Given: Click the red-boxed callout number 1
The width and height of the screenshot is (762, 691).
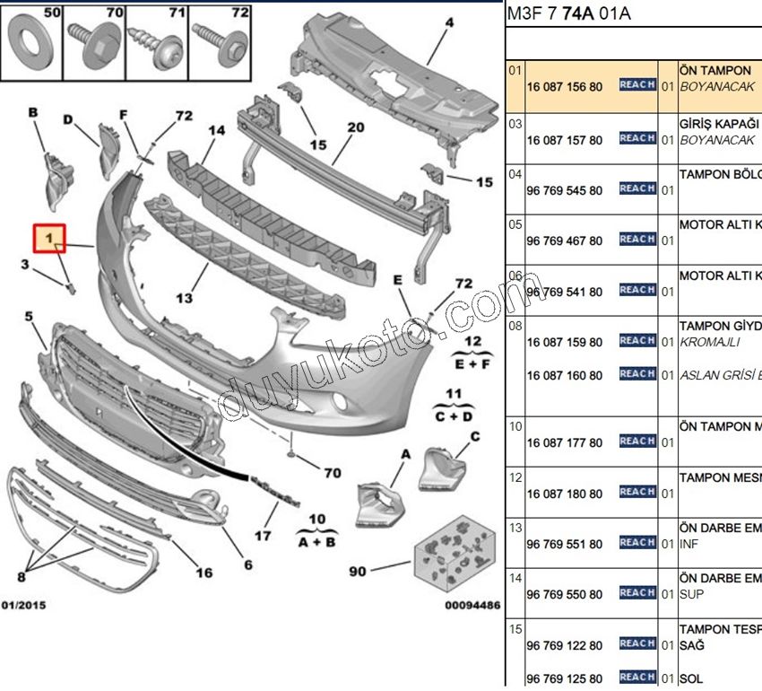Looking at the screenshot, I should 50,239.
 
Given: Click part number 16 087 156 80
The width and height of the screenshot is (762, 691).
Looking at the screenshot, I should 565,87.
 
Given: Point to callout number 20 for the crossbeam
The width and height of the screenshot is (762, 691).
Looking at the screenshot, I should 355,128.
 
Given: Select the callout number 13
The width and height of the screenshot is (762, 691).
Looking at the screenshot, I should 185,298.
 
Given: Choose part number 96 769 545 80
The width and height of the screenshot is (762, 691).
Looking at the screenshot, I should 565,190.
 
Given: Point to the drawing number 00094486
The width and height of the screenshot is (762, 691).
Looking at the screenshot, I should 472,606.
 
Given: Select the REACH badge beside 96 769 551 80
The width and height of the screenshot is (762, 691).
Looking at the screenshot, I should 636,542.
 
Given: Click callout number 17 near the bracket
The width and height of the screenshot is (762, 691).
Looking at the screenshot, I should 262,536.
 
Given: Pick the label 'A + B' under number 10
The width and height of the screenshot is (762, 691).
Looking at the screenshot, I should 317,541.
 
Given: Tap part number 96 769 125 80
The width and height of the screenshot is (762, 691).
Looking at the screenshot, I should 565,678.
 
